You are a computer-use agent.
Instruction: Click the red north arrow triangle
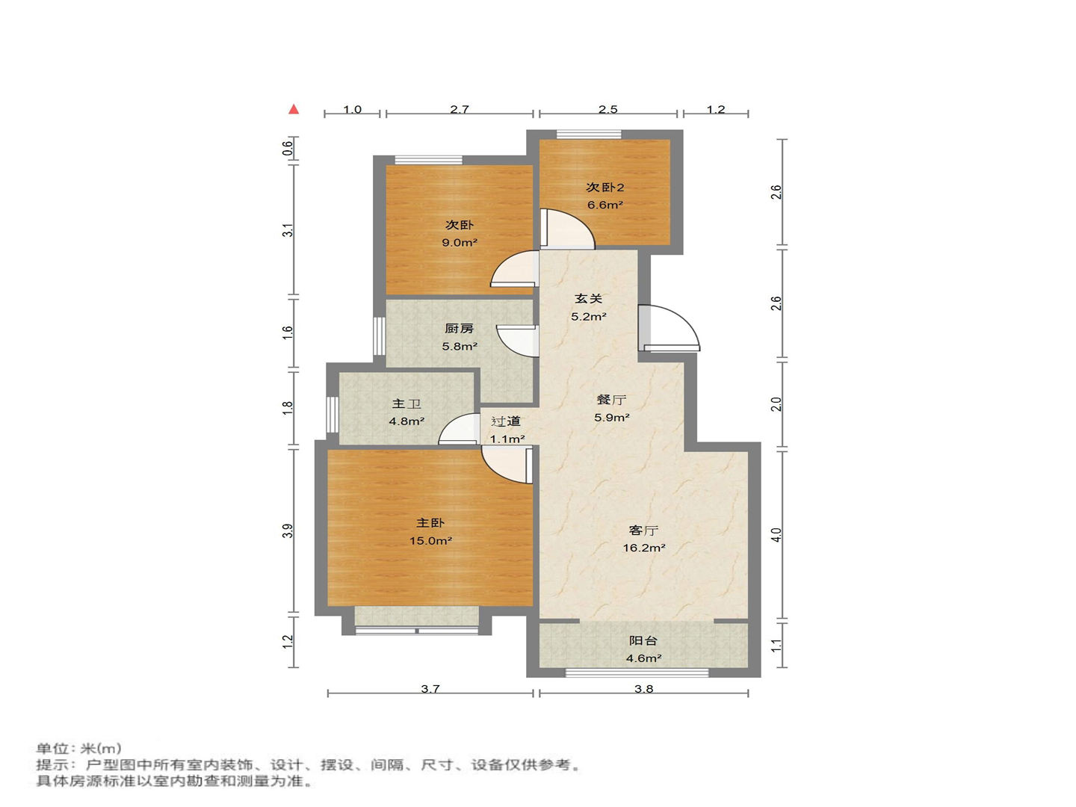coord(294,109)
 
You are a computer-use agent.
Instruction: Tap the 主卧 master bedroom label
coord(430,523)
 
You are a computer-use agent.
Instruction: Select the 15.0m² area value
coord(430,541)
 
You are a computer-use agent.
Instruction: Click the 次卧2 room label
coord(605,188)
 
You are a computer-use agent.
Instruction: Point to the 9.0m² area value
coord(460,243)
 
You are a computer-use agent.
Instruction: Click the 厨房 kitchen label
coord(460,329)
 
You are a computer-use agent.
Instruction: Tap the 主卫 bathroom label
coord(406,403)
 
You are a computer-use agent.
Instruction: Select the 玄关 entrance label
coord(588,298)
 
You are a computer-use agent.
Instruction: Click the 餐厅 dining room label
coord(611,400)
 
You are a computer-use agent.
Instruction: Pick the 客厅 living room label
coord(643,531)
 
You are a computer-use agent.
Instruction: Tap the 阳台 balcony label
coord(643,640)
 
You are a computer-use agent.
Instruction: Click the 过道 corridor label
coord(506,421)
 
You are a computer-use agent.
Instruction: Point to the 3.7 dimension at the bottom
coord(430,689)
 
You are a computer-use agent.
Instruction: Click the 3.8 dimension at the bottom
coord(643,689)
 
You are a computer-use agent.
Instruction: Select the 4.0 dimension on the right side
coord(776,535)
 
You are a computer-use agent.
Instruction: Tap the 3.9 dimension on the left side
coord(288,531)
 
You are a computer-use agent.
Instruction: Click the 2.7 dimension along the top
coord(460,109)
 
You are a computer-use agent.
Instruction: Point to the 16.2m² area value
coord(644,548)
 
